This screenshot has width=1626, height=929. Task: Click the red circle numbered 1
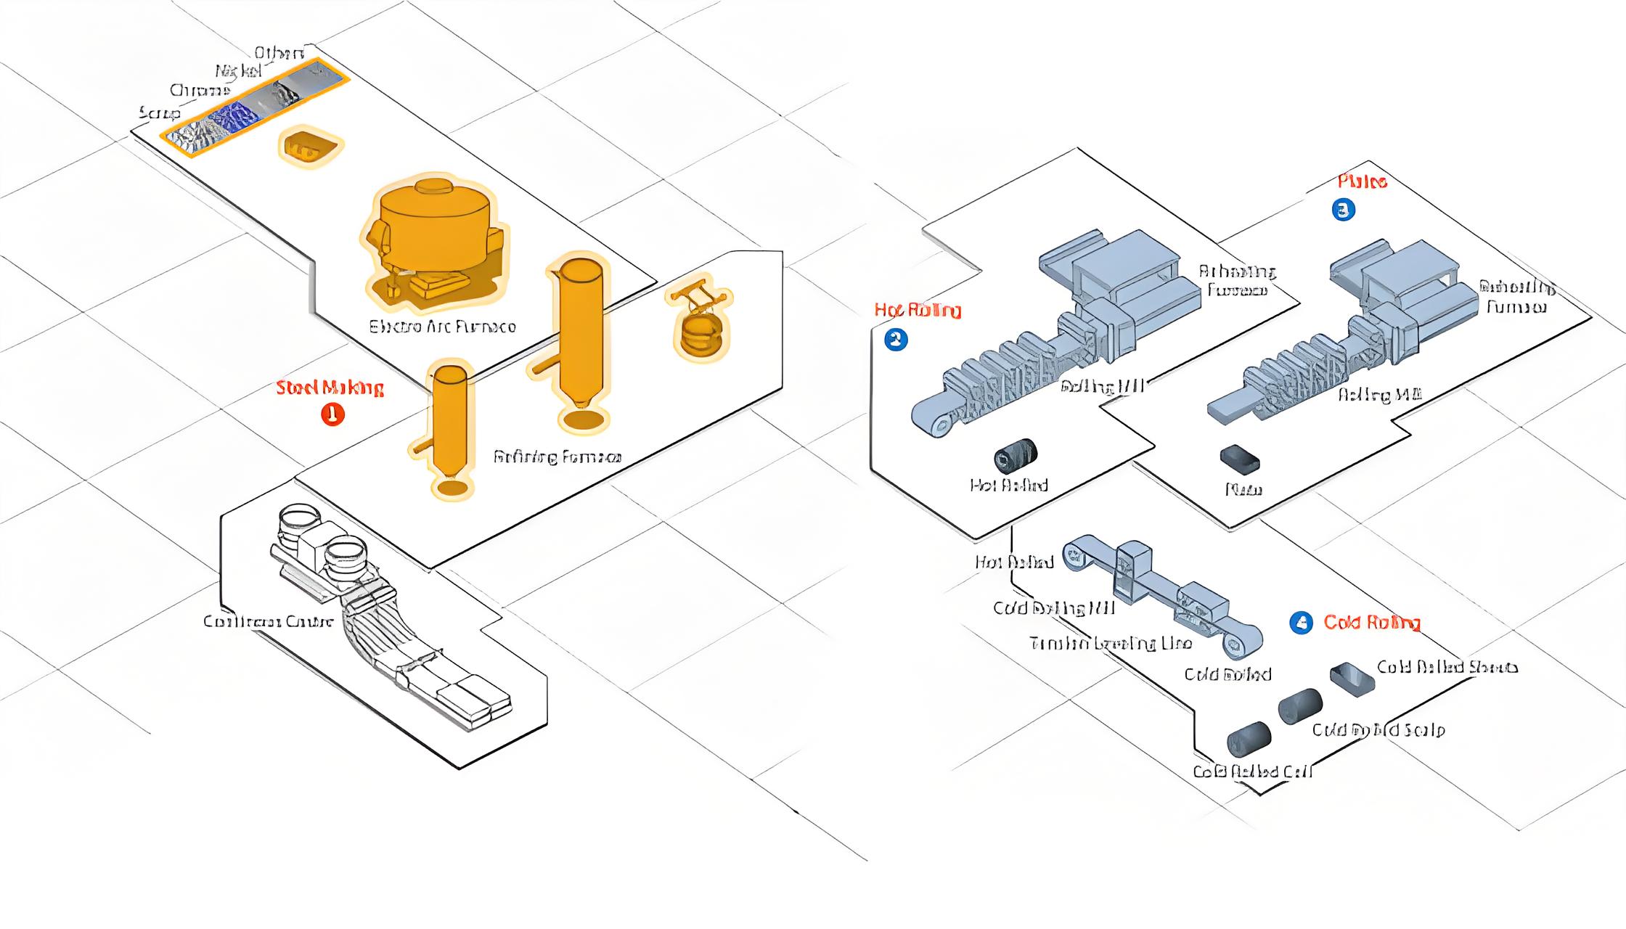click(332, 414)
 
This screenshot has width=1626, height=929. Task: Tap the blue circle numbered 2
click(896, 340)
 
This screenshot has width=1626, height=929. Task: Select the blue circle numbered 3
click(1344, 210)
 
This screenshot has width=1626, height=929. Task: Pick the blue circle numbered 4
click(1301, 623)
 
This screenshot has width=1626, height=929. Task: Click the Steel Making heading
click(330, 388)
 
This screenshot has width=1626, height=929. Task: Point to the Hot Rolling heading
click(918, 311)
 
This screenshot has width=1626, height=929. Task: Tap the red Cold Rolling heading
click(1371, 622)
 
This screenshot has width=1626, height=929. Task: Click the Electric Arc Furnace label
click(442, 327)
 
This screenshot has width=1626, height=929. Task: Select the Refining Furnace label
click(557, 457)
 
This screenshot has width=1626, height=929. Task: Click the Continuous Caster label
click(268, 621)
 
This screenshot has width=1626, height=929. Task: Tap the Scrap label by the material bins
click(159, 113)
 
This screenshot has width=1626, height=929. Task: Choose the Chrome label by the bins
click(200, 91)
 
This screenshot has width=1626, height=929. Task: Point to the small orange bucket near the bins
click(309, 146)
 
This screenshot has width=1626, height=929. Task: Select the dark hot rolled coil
click(1016, 456)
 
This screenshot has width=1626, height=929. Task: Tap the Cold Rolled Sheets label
click(1447, 667)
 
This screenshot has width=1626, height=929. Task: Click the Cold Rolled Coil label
click(1252, 772)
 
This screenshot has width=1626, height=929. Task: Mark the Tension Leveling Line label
click(1110, 644)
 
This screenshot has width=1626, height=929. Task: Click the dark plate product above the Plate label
click(1240, 459)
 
